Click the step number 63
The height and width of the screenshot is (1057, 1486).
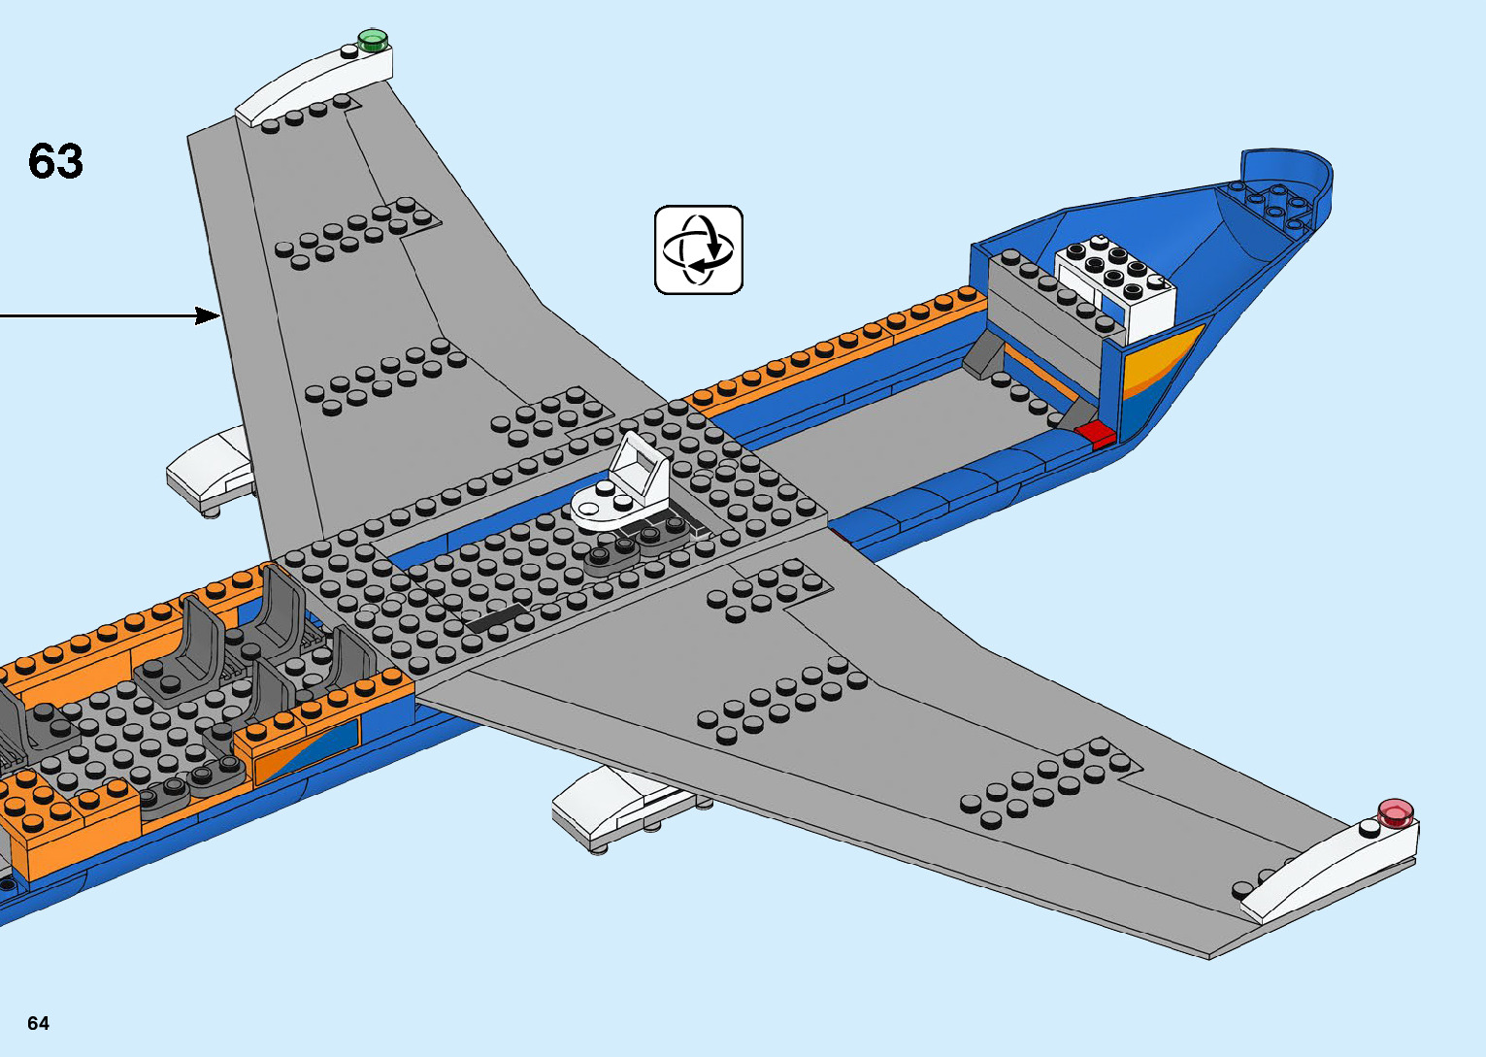(x=55, y=161)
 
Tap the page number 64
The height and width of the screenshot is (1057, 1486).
(x=38, y=1023)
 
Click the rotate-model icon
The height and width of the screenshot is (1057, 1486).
(x=699, y=249)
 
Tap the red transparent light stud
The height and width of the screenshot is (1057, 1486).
(x=1396, y=812)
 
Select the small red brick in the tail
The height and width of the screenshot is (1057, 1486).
(x=1095, y=433)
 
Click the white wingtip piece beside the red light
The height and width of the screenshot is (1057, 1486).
(x=1330, y=871)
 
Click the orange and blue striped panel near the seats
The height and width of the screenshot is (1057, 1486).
(x=306, y=745)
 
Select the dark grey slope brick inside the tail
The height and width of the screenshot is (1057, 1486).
(x=984, y=353)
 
